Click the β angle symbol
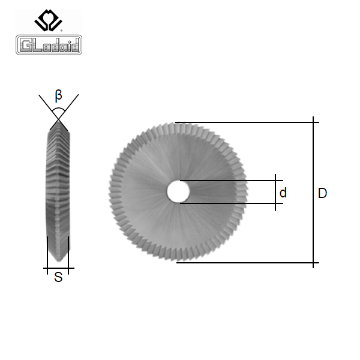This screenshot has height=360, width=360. (59, 95)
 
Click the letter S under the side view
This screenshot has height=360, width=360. (58, 277)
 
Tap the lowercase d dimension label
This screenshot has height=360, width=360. (283, 193)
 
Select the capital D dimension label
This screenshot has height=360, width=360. (322, 193)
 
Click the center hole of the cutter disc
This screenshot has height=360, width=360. (178, 192)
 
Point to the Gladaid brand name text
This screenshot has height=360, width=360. (49, 45)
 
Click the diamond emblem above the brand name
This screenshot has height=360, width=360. (48, 20)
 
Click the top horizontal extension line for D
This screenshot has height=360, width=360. (247, 122)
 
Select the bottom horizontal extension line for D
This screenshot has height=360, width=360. (248, 263)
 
